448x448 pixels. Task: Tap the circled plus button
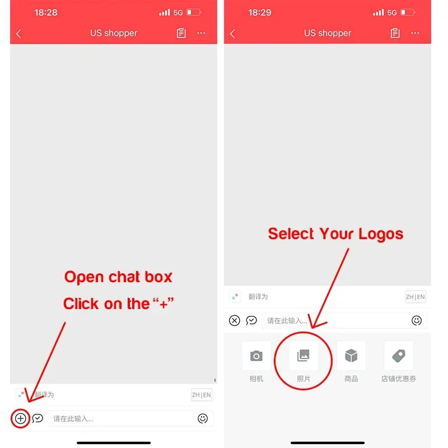click(x=21, y=418)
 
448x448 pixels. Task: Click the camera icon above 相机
click(x=256, y=356)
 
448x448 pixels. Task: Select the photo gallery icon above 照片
click(x=304, y=356)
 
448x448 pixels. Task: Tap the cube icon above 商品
click(x=351, y=356)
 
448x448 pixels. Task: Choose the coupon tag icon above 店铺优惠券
click(x=399, y=356)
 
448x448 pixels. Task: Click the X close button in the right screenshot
click(x=235, y=320)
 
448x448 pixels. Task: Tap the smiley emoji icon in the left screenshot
click(x=203, y=418)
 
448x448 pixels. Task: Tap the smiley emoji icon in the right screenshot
click(x=417, y=320)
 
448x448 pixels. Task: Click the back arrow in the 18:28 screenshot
click(x=18, y=34)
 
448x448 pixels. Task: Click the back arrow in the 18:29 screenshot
click(x=232, y=34)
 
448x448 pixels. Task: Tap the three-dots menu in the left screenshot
click(x=201, y=33)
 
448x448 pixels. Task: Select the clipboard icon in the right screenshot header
click(x=395, y=33)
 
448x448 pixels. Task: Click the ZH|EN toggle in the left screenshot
click(x=202, y=395)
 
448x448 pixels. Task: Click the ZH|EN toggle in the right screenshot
click(x=416, y=297)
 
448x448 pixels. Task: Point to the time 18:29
click(x=260, y=12)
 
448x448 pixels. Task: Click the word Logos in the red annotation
click(x=381, y=235)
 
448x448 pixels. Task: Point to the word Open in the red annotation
click(x=84, y=277)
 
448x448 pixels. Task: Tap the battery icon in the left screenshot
click(x=194, y=12)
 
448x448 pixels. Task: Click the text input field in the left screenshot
click(x=123, y=418)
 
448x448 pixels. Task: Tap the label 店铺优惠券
click(x=399, y=379)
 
